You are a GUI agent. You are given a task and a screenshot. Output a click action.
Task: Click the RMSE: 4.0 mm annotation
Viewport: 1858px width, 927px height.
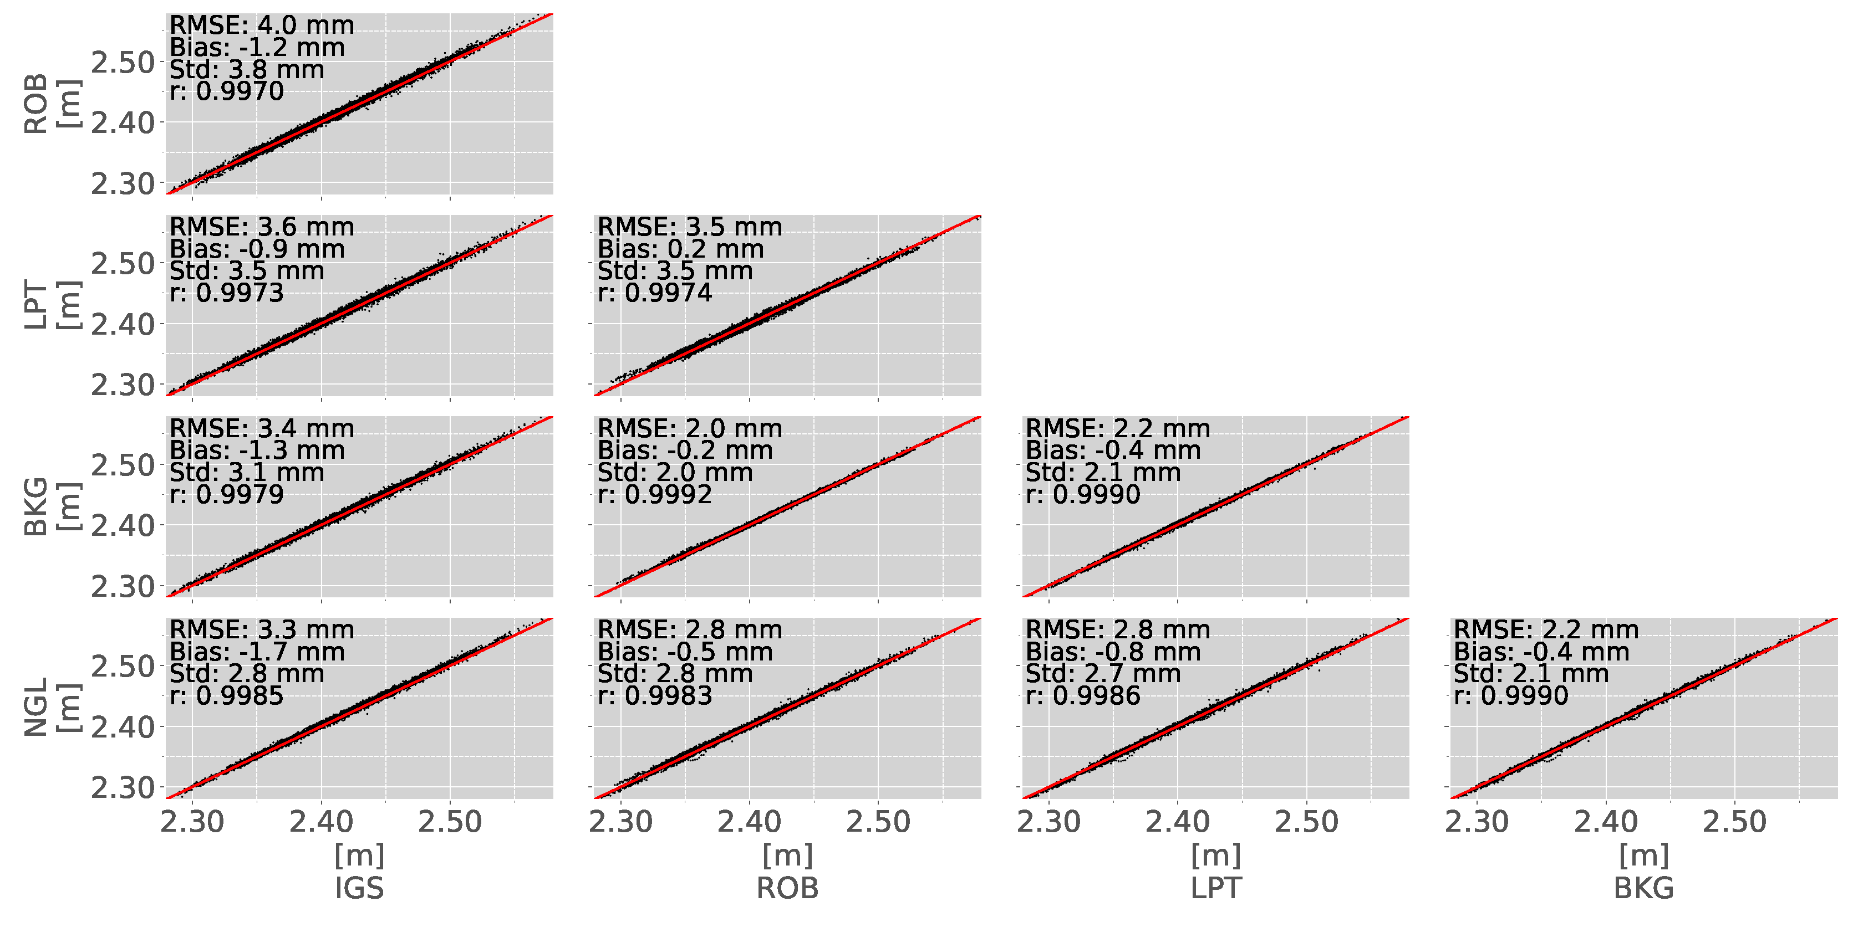pos(261,25)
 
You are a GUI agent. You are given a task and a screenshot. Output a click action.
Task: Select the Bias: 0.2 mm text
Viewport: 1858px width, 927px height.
pos(680,249)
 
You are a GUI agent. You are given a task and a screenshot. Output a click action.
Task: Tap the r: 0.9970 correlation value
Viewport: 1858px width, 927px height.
pos(226,91)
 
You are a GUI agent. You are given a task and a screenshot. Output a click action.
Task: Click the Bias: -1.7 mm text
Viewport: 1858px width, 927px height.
pos(257,652)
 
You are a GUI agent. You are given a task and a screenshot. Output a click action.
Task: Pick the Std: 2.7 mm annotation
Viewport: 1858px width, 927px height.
pos(1103,674)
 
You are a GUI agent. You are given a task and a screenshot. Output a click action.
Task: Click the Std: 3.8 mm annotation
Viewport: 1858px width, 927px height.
pos(247,70)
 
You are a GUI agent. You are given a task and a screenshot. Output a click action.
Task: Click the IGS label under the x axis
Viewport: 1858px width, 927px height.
pos(359,888)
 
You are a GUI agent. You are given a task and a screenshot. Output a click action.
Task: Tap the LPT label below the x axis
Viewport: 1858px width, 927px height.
pos(1215,888)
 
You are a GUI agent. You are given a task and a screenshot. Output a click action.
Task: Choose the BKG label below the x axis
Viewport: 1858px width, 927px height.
pos(1644,888)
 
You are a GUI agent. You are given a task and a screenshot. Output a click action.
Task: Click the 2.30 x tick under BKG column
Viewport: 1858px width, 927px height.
pos(1477,822)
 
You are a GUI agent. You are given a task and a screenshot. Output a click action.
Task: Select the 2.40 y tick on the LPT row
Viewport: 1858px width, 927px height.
pos(123,324)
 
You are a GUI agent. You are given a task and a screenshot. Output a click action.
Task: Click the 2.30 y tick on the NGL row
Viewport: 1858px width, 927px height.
pos(123,788)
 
